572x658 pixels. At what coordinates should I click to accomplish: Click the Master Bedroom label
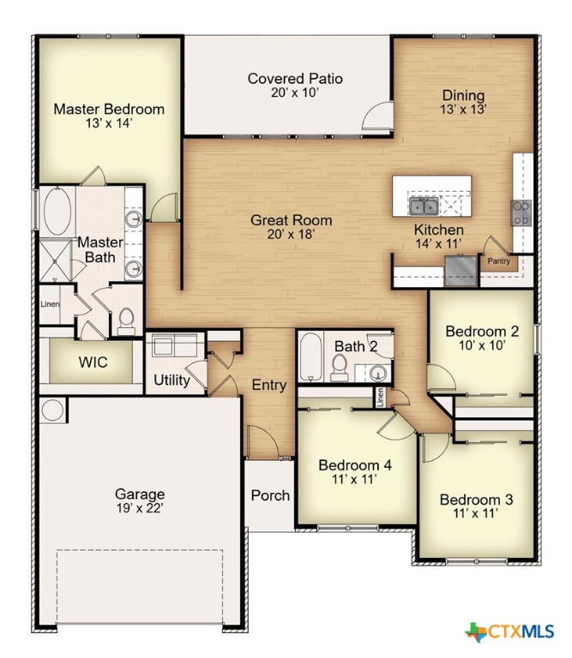coord(109,110)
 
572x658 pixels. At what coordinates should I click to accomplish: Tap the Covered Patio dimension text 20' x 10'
coord(295,93)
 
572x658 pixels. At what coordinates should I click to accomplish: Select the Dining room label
coord(463,95)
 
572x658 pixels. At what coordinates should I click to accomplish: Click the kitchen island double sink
coord(423,206)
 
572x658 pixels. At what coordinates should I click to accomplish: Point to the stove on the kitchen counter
coord(521,212)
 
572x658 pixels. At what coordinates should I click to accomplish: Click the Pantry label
coord(499,260)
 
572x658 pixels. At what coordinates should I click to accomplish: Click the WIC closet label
coord(93,362)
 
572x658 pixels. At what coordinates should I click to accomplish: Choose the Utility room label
coord(172,380)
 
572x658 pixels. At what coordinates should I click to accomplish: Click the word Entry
coord(268,386)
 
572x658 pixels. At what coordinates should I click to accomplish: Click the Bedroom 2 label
coord(481,332)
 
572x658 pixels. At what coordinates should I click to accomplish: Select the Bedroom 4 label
coord(355,465)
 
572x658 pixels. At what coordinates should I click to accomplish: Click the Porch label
coord(269,495)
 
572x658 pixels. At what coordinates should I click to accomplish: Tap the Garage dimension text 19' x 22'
coord(139,508)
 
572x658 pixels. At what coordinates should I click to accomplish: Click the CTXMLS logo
coord(510,632)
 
